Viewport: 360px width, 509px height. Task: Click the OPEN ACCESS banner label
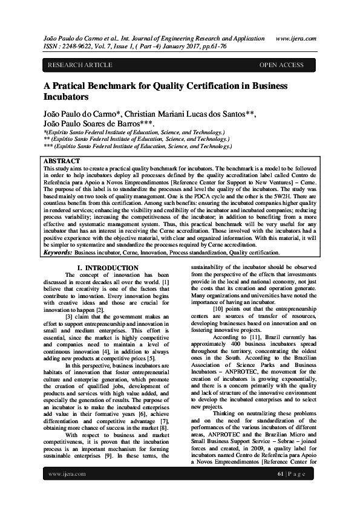point(281,65)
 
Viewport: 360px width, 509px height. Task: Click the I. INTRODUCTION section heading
point(108,267)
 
